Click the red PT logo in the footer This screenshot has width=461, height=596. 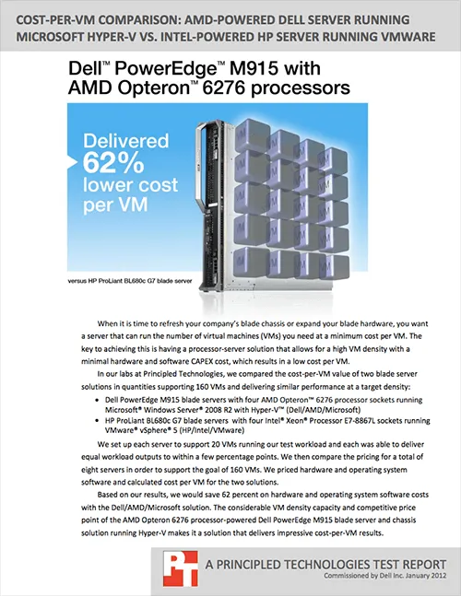coord(181,569)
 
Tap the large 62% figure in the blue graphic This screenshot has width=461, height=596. coord(113,163)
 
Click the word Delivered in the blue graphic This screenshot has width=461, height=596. coord(126,141)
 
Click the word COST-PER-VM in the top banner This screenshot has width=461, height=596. coord(53,20)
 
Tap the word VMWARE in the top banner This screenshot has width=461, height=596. coord(409,37)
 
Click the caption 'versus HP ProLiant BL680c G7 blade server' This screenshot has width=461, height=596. coord(130,281)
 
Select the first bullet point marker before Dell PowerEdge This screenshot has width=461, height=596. coord(97,400)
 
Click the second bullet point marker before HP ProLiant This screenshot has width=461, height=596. coord(97,421)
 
